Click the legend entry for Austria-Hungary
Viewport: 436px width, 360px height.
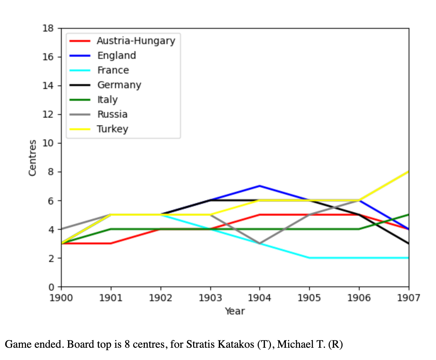coord(136,41)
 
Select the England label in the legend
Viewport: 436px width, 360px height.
coord(116,56)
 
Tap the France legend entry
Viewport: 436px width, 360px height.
coord(113,70)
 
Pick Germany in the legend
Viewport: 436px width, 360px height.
coord(119,85)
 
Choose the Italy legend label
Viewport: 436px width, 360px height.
coord(107,100)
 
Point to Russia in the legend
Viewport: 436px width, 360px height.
coord(112,115)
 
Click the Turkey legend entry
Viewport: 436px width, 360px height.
coord(113,129)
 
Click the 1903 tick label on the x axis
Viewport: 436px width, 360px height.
coord(210,298)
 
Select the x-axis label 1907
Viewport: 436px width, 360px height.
coord(408,298)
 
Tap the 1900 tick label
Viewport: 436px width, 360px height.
coord(61,298)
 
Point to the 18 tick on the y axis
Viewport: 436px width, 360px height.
coord(48,28)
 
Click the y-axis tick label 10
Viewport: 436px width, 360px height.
coord(48,143)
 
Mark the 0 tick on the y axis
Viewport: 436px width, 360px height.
coord(51,287)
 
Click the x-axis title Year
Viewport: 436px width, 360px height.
coord(235,311)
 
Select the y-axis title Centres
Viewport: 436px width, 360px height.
coord(33,158)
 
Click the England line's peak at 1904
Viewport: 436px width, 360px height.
coord(259,186)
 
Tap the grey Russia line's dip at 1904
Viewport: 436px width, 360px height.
coord(259,243)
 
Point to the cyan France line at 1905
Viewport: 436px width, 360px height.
coord(309,258)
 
